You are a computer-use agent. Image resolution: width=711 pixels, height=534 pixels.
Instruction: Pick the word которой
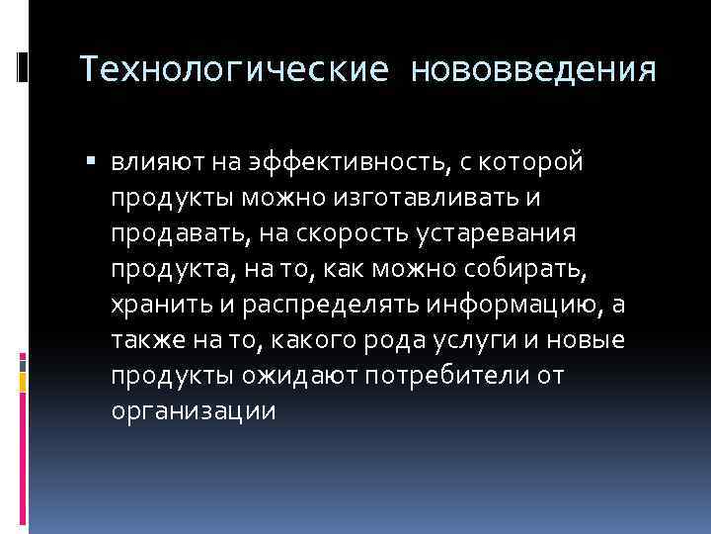pos(535,161)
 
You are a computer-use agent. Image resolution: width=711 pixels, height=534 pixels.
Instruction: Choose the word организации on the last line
pos(193,412)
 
